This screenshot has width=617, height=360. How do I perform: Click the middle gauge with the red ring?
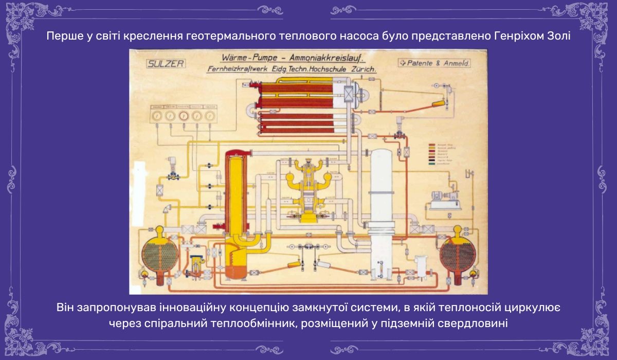pos(184,116)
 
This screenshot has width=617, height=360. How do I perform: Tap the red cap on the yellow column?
pos(236,153)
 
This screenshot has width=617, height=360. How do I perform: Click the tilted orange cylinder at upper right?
pos(440,103)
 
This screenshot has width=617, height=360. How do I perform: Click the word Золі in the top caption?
pos(557,37)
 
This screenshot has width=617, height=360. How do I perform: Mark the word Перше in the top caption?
pos(60,37)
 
